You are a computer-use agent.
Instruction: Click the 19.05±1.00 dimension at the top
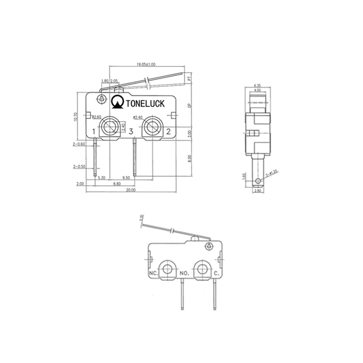(x=146, y=64)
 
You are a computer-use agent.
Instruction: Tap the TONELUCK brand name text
(x=147, y=103)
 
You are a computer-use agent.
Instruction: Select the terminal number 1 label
(x=94, y=132)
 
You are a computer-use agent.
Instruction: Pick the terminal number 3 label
(x=131, y=132)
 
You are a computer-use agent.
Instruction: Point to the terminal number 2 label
(x=168, y=132)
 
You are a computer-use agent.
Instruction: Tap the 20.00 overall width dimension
(x=131, y=190)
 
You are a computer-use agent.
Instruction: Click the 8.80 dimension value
(x=116, y=184)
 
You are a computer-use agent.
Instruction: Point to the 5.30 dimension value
(x=102, y=178)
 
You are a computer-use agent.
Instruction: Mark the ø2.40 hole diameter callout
(x=138, y=118)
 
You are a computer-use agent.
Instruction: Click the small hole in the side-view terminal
(x=258, y=181)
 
